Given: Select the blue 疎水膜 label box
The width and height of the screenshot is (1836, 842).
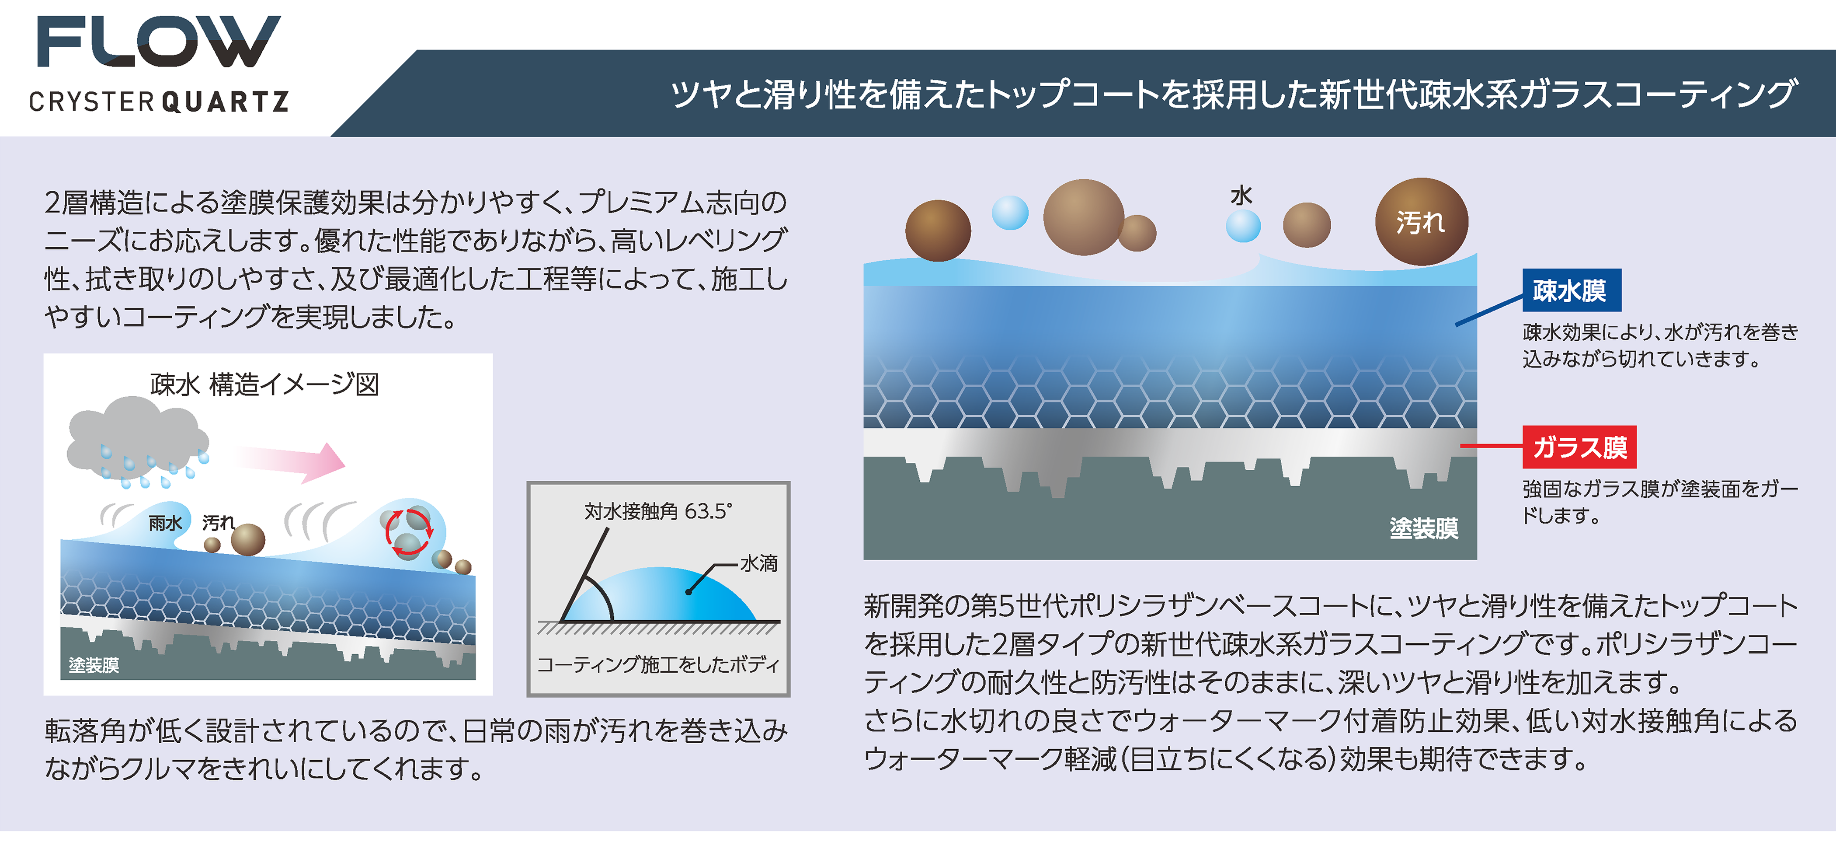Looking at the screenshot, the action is point(1572,290).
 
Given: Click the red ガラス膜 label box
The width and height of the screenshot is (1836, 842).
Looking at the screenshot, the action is point(1579,447).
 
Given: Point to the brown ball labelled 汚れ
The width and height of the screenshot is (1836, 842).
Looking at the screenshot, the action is point(1421,222).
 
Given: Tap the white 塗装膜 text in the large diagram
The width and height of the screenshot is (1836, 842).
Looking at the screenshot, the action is point(1423,528).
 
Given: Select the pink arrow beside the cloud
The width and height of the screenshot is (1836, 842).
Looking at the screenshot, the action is point(291,461).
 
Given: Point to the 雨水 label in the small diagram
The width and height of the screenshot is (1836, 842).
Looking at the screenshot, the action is point(165,523).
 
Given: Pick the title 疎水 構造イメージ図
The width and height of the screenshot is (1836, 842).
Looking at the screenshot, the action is point(264,385).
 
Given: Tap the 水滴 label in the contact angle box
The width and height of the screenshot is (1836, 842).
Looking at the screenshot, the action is point(759,563).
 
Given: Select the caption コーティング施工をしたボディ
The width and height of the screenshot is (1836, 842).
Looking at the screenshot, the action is point(658,664).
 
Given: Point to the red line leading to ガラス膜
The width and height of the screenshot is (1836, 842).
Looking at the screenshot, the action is point(1492,446).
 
